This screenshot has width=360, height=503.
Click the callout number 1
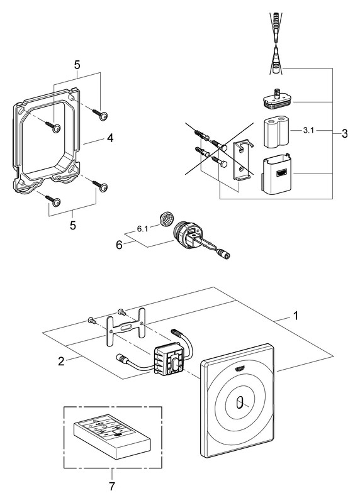coord(296,316)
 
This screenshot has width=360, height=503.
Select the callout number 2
coord(61,361)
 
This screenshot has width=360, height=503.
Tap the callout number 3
coord(345,133)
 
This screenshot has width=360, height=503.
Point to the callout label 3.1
coord(308,131)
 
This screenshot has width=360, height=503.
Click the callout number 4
coord(110,138)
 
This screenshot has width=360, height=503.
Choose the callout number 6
coord(119,245)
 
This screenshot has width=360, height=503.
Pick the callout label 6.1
coord(142,229)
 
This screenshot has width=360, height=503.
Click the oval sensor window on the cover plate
coord(240,403)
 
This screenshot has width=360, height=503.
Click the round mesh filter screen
coord(166,219)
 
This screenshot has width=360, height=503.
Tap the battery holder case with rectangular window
coord(277,175)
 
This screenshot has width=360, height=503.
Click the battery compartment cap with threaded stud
coord(276,99)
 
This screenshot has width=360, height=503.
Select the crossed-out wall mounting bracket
coord(243,160)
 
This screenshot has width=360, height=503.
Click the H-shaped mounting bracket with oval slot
coord(125,326)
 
